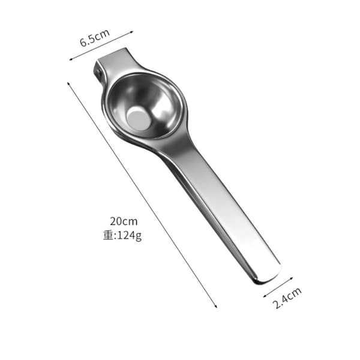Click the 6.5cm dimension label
[x=95, y=38]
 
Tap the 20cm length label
[x=124, y=221]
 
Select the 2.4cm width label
[x=287, y=298]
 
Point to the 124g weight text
[x=129, y=236]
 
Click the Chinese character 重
[x=108, y=235]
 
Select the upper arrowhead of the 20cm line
[x=68, y=83]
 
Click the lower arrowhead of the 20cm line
[x=215, y=306]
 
